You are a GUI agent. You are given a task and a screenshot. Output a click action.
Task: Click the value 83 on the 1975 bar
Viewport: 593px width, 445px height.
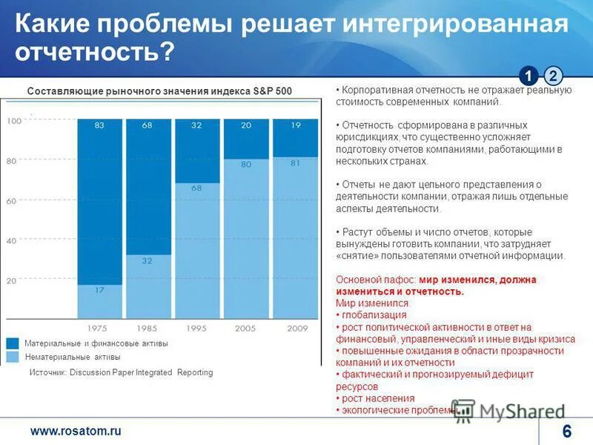point(99,125)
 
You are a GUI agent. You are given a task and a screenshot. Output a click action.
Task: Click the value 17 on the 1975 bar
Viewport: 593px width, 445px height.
point(99,290)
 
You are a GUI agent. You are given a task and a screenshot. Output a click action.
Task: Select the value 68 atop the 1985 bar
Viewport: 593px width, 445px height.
point(147,125)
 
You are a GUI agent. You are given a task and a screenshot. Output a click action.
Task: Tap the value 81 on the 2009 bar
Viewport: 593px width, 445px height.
point(295,163)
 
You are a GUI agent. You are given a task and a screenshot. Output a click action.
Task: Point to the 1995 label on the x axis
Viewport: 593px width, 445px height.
point(196,327)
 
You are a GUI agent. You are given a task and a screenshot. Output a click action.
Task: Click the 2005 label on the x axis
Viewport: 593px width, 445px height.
point(245,327)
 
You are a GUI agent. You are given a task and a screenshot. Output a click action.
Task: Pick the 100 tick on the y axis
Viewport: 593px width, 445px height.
point(13,121)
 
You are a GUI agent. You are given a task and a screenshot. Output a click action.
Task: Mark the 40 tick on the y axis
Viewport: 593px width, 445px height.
point(11,241)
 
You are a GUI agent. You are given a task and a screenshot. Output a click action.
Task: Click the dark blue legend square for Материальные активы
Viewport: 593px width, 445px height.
point(13,343)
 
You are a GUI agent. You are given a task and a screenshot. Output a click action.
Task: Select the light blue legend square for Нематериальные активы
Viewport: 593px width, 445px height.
point(13,357)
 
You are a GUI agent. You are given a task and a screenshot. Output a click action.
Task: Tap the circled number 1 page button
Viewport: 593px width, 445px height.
point(528,76)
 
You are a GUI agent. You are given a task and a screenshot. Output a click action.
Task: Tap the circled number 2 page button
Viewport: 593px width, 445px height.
point(553,76)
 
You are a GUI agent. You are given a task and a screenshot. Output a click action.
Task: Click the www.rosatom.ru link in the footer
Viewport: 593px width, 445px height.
point(75,431)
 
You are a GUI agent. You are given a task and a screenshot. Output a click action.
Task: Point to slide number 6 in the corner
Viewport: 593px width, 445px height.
point(567,432)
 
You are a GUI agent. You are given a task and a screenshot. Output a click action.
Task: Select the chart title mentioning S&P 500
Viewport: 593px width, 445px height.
point(159,90)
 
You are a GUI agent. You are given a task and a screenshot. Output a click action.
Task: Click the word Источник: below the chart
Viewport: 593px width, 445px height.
point(47,373)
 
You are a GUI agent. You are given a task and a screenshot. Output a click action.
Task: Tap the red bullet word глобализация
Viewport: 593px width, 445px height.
point(367,315)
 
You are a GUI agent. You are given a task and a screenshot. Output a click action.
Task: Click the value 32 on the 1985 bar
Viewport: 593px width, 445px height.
point(147,261)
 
